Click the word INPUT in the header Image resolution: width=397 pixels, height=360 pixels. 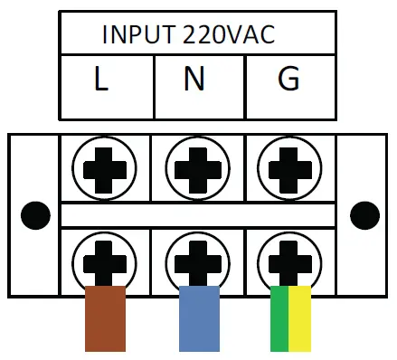(139, 34)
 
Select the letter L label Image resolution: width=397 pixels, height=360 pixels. (101, 81)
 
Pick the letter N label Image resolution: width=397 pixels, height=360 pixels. (194, 81)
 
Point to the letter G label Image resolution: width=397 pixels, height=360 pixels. (288, 81)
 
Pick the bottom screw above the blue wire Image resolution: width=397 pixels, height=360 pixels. (195, 260)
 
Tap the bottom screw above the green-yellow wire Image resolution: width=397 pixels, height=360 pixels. (288, 260)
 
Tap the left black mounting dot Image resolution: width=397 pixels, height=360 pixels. (35, 215)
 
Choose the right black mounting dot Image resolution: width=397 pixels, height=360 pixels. (364, 215)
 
